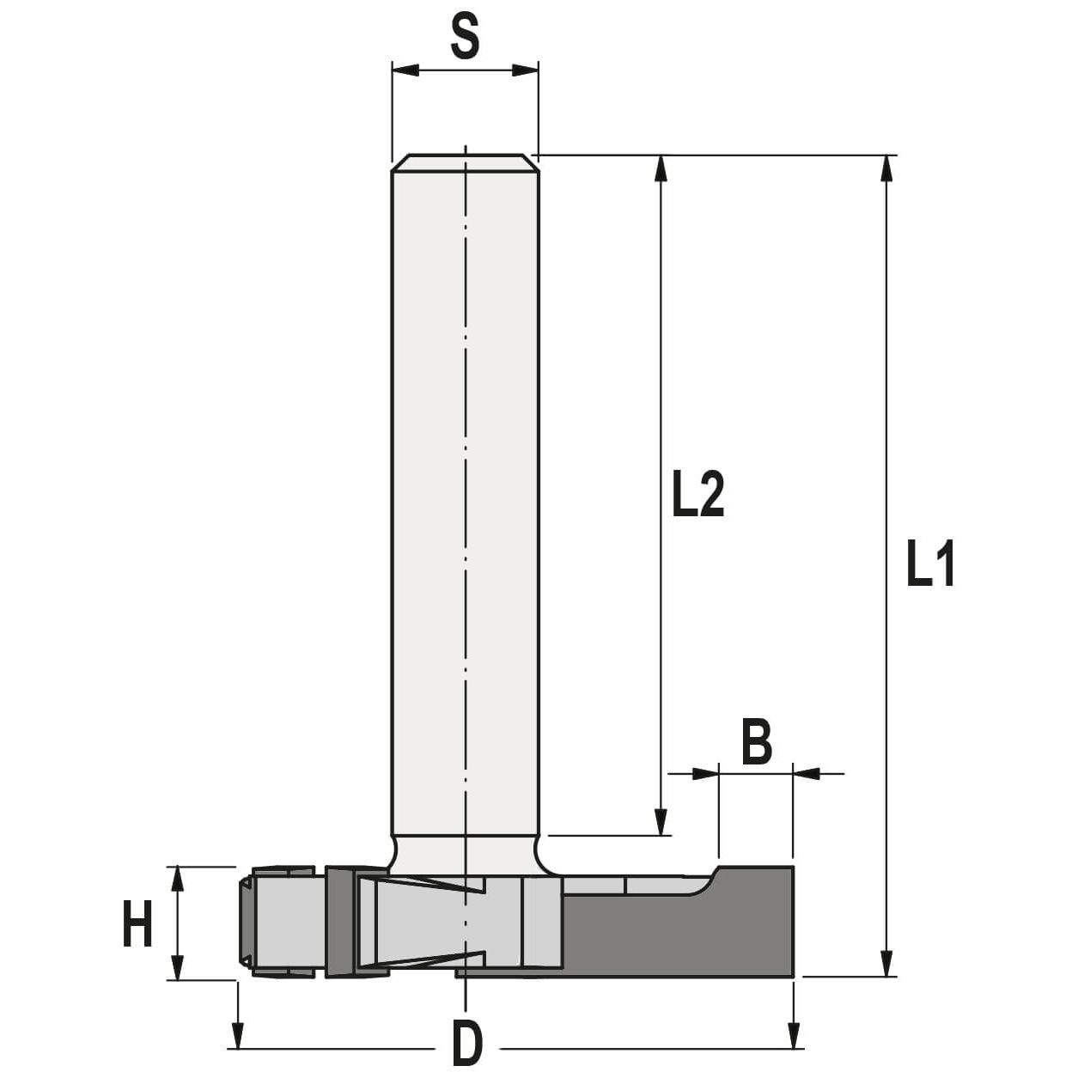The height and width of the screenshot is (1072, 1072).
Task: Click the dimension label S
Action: pyautogui.click(x=464, y=37)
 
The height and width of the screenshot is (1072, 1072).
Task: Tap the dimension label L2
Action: pyautogui.click(x=697, y=496)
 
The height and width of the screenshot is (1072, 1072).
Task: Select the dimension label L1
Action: pyautogui.click(x=930, y=564)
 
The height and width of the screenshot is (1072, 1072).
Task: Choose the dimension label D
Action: pyautogui.click(x=466, y=1045)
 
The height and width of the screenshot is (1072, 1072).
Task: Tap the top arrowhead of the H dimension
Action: pyautogui.click(x=178, y=880)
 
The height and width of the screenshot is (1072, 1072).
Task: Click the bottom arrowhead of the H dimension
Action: pyautogui.click(x=178, y=966)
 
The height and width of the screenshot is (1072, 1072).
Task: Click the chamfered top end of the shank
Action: pyautogui.click(x=465, y=162)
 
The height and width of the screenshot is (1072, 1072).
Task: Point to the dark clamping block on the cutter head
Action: pyautogui.click(x=340, y=923)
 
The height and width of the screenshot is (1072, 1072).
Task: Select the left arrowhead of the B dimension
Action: pyautogui.click(x=705, y=774)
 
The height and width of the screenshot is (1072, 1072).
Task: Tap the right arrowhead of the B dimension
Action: pyautogui.click(x=806, y=774)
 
